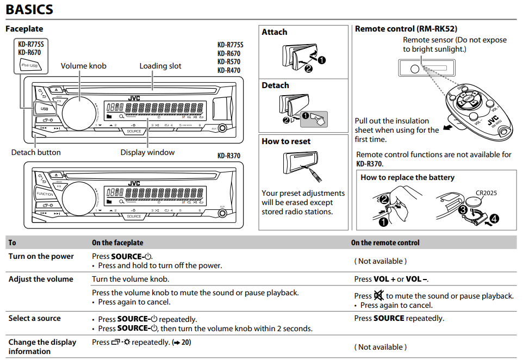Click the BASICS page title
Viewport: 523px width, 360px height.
tap(29, 9)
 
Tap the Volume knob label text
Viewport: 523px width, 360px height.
tap(83, 66)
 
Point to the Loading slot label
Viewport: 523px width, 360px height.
tap(160, 66)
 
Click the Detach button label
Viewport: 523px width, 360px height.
tap(36, 152)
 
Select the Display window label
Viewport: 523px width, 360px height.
tap(147, 152)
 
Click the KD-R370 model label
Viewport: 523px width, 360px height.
tap(228, 156)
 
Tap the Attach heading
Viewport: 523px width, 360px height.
tap(275, 32)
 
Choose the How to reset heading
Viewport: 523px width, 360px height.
tap(286, 141)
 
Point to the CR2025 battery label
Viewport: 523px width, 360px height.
tap(486, 193)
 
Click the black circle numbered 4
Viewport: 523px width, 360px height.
tap(494, 219)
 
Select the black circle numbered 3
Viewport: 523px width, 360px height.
tap(462, 208)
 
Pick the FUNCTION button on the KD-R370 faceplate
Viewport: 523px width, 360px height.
tap(45, 194)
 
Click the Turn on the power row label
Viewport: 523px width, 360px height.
tap(41, 256)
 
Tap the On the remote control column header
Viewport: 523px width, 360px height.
tap(385, 243)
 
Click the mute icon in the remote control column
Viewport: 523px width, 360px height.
tap(379, 296)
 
